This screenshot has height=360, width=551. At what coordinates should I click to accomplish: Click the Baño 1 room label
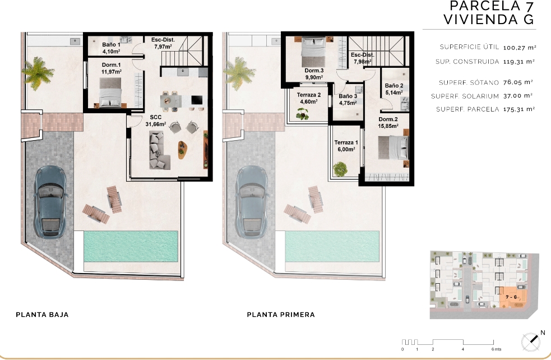tap(111, 48)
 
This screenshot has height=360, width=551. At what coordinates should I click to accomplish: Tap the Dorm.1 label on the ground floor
tap(112, 68)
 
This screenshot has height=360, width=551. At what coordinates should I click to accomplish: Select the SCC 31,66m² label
tap(156, 121)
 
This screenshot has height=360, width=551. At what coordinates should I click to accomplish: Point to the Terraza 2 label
tap(308, 98)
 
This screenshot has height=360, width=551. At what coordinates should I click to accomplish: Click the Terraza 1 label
tap(346, 146)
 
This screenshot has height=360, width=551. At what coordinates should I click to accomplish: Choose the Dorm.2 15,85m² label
tap(388, 122)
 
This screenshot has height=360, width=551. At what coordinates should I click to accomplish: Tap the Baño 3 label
tap(348, 99)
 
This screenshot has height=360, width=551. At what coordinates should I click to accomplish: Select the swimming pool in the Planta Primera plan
tap(332, 246)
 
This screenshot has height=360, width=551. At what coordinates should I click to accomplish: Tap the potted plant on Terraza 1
tap(340, 169)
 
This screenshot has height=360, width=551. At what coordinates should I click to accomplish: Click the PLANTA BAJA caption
tap(42, 315)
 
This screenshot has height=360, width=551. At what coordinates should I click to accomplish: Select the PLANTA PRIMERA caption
tap(281, 315)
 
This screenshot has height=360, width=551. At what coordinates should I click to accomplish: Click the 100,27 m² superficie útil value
tap(520, 48)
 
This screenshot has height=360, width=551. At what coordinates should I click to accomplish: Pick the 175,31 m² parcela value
tap(519, 109)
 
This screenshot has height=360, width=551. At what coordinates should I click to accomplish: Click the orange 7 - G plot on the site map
tap(513, 297)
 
